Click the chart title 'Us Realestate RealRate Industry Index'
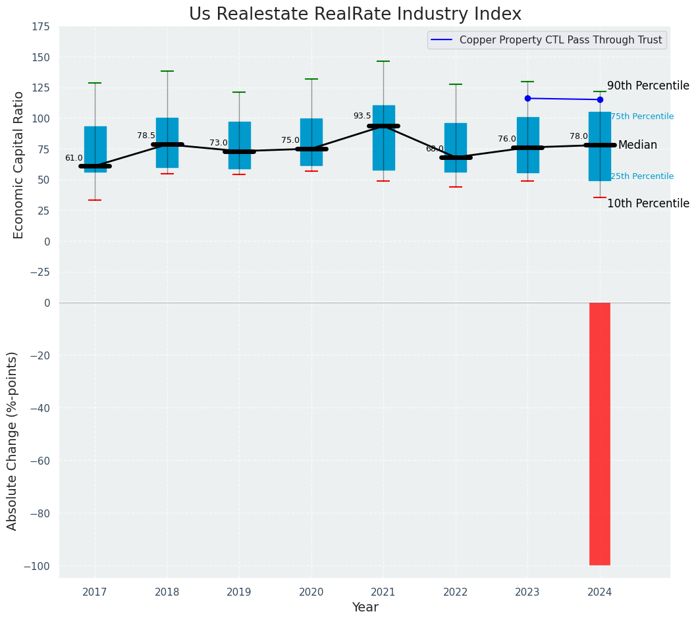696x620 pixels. tap(355, 14)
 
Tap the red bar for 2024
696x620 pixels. tap(599, 434)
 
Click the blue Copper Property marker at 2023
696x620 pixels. tap(527, 99)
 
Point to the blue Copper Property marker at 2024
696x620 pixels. tap(600, 100)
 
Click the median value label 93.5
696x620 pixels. tap(362, 116)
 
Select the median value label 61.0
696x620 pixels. tap(74, 158)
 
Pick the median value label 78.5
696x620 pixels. tap(146, 136)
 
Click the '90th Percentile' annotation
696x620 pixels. tap(648, 86)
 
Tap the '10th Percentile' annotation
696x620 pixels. tap(648, 204)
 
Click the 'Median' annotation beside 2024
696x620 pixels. tap(637, 145)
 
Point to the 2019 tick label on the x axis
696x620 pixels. tap(239, 592)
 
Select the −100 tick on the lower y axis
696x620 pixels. tap(37, 566)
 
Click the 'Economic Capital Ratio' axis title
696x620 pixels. tap(19, 165)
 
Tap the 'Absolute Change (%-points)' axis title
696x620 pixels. tap(13, 440)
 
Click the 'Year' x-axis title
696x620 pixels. tap(365, 607)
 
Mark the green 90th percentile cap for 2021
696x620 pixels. tap(383, 61)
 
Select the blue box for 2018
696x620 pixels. tap(167, 143)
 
